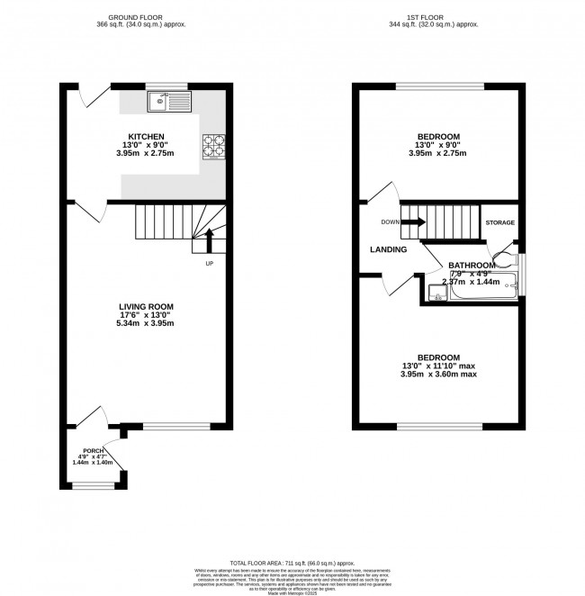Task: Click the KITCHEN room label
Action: tap(145, 136)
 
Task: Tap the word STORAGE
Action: tap(499, 221)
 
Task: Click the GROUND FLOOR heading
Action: tap(146, 17)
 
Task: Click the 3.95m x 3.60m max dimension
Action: tap(439, 374)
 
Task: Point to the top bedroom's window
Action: tap(440, 86)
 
